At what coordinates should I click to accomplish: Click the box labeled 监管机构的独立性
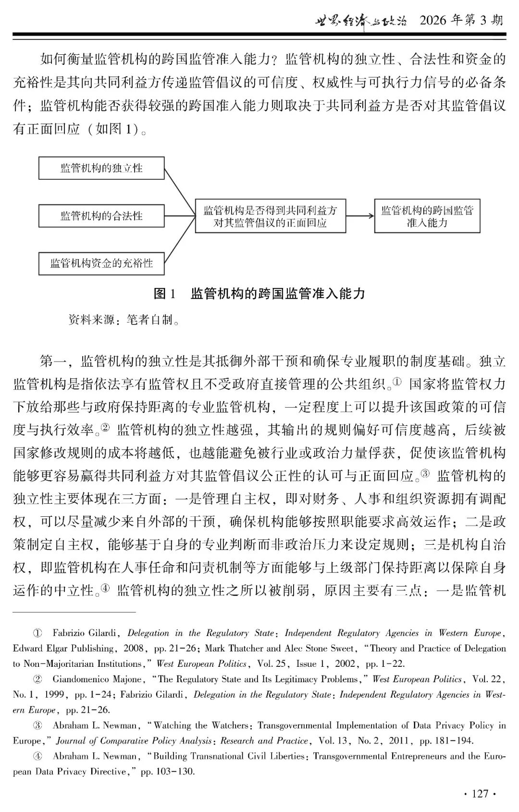[101, 168]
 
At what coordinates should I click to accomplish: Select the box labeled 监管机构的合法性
[101, 215]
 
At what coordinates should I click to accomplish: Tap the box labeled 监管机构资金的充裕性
[101, 263]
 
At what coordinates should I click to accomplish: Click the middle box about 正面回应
[270, 217]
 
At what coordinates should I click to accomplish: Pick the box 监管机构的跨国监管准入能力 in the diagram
[427, 217]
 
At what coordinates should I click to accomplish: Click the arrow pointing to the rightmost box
[360, 216]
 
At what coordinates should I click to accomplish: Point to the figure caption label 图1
[165, 293]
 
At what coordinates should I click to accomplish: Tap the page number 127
[480, 793]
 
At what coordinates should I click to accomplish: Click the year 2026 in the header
[433, 20]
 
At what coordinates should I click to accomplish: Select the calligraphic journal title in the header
[361, 21]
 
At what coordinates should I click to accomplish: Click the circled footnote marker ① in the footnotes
[37, 633]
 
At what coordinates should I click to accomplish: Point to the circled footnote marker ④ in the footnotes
[37, 756]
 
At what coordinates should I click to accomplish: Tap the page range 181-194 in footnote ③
[454, 741]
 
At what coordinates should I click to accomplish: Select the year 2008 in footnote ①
[134, 649]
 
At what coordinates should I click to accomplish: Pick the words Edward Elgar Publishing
[63, 649]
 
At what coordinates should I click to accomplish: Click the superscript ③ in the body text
[425, 473]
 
